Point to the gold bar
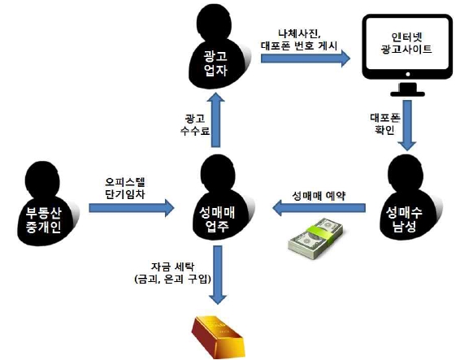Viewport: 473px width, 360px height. (x=218, y=336)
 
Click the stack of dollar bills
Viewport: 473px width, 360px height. (x=315, y=239)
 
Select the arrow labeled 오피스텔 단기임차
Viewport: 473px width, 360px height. (x=132, y=208)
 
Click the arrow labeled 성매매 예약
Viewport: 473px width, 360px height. (x=319, y=208)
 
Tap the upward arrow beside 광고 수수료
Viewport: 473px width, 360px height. (x=216, y=120)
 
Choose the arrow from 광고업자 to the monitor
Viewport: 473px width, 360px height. (x=306, y=59)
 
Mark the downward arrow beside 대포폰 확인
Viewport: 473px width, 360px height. (x=407, y=125)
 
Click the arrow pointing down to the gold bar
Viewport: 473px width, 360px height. (x=218, y=275)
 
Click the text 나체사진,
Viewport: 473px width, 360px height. (x=300, y=34)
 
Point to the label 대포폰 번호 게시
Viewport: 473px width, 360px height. (x=298, y=46)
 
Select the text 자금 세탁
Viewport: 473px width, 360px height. (x=172, y=267)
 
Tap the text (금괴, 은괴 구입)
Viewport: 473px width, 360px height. (x=172, y=280)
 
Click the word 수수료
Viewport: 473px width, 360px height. (x=195, y=131)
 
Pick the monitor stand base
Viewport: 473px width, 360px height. (x=407, y=93)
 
